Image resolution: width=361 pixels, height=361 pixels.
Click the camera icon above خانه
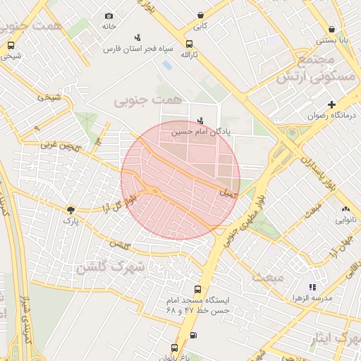click(109, 16)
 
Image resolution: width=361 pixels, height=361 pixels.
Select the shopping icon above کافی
click(201, 15)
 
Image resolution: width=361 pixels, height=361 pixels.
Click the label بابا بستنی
click(332, 40)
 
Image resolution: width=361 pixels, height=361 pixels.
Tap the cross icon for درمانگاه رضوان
click(331, 104)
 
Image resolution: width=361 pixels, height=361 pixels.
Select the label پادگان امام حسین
click(200, 131)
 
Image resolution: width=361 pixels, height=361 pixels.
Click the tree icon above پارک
click(71, 210)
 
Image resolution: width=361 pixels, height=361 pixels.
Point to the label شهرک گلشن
click(111, 267)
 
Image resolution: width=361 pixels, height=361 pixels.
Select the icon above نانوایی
click(345, 209)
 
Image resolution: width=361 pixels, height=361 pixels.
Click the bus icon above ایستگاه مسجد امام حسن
click(197, 288)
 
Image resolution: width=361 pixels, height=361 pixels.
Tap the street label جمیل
click(230, 192)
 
